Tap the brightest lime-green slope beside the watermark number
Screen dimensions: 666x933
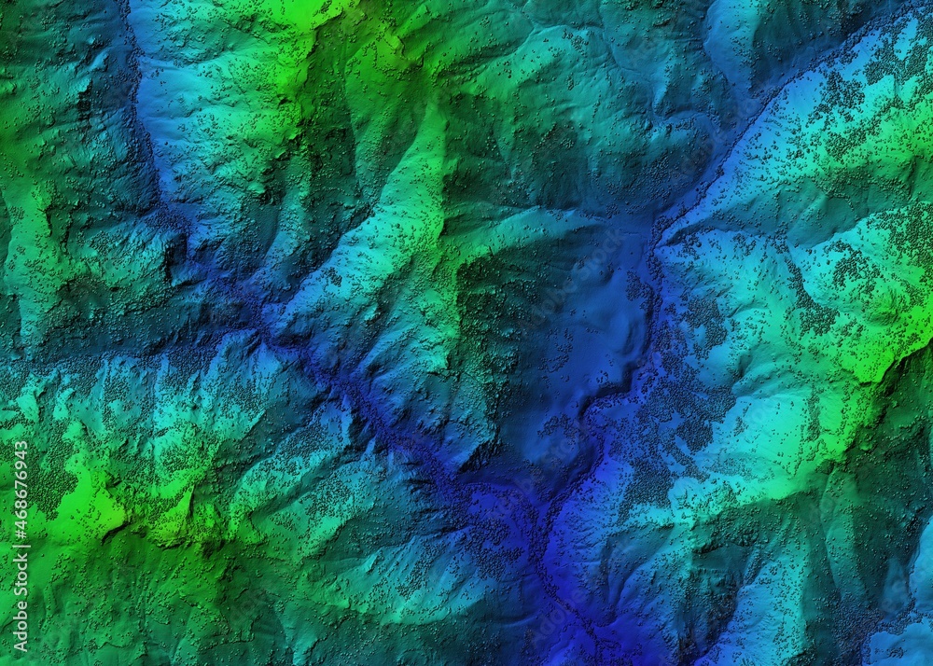click(65, 504)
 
